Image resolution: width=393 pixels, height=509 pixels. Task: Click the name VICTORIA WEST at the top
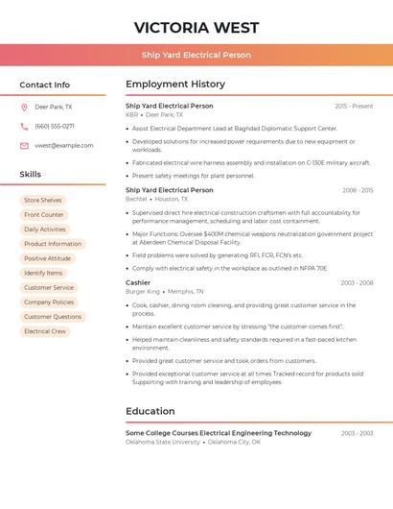coord(196,27)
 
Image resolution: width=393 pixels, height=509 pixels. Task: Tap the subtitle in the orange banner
coord(196,56)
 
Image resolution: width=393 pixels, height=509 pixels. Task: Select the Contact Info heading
coord(45,85)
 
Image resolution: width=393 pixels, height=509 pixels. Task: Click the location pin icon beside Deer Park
coord(24,107)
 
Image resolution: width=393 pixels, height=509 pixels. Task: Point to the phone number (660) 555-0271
coord(55,126)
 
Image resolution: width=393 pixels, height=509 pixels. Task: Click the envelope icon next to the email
coord(24,146)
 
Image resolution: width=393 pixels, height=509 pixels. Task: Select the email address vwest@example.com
coord(64,146)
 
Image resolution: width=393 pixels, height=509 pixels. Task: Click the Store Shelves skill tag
coord(43,201)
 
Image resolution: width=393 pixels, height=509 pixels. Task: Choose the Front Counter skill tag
coord(44,215)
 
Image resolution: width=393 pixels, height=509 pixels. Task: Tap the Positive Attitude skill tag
coord(48,258)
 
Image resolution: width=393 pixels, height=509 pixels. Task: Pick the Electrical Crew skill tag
coord(45,331)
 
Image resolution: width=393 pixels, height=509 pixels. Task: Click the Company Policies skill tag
coord(49,303)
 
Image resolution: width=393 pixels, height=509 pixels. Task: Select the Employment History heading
coord(175,85)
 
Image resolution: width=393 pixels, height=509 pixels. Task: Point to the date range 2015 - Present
coord(354,106)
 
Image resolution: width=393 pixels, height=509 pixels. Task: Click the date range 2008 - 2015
coord(358,190)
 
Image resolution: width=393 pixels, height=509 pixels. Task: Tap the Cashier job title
coord(138,282)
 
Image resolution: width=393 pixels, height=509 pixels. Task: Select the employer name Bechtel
coord(135,199)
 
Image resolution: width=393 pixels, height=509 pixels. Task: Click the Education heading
coord(150,411)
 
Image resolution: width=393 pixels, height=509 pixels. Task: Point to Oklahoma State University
coord(163,442)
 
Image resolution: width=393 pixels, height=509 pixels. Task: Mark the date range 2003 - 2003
coord(357,433)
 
